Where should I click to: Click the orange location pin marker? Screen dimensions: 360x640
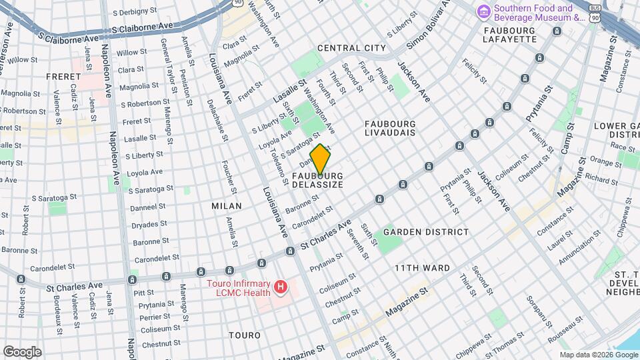(320, 160)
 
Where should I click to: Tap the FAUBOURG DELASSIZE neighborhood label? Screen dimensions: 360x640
(317, 180)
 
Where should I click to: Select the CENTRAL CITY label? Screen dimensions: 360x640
(351, 48)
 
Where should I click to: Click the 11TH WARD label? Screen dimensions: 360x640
(421, 268)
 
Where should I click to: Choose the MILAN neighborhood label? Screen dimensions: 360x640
(227, 206)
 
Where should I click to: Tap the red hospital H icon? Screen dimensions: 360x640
(281, 287)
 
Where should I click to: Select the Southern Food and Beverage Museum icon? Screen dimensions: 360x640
(483, 11)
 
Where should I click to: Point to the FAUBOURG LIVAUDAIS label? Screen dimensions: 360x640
(390, 128)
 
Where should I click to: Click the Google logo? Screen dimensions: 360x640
(22, 352)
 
